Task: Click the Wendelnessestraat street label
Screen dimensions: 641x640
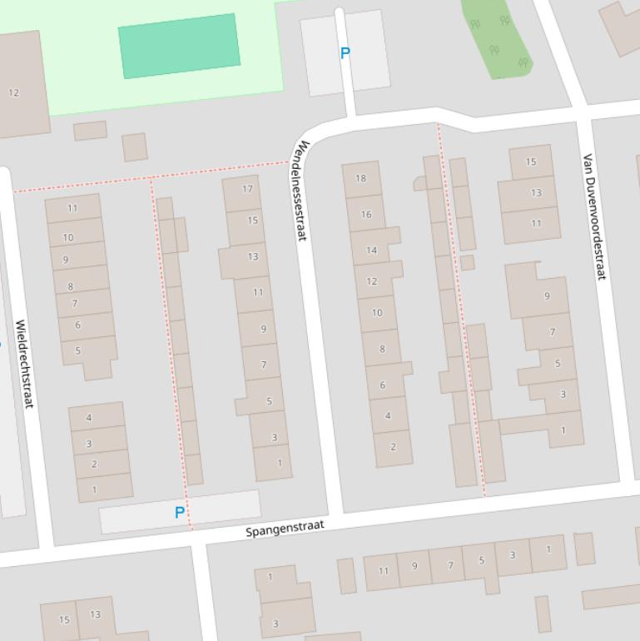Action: pyautogui.click(x=300, y=191)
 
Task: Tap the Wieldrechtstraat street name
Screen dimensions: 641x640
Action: pyautogui.click(x=24, y=364)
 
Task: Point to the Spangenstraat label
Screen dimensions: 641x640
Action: pyautogui.click(x=285, y=528)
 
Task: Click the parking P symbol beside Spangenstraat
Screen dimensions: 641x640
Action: pyautogui.click(x=179, y=513)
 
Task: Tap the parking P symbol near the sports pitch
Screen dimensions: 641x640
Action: pyautogui.click(x=345, y=53)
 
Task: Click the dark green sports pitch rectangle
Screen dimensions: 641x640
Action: pyautogui.click(x=180, y=45)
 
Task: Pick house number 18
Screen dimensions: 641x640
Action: pyautogui.click(x=360, y=178)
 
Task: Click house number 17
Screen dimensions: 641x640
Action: pyautogui.click(x=247, y=189)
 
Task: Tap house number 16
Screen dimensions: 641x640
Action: pyautogui.click(x=365, y=214)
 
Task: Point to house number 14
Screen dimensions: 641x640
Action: pyautogui.click(x=371, y=250)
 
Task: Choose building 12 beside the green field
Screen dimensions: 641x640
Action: pyautogui.click(x=14, y=92)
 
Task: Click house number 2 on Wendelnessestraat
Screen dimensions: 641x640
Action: pyautogui.click(x=393, y=446)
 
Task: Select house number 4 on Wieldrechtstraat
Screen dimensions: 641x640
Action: pyautogui.click(x=89, y=418)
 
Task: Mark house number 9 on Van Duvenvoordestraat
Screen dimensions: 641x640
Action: pyautogui.click(x=547, y=296)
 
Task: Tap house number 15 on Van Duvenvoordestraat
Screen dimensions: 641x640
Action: pyautogui.click(x=531, y=162)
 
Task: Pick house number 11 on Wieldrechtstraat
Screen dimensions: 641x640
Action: pyautogui.click(x=72, y=209)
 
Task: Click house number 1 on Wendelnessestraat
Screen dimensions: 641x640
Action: pyautogui.click(x=280, y=463)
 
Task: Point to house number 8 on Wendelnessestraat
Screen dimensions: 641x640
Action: pyautogui.click(x=382, y=349)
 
